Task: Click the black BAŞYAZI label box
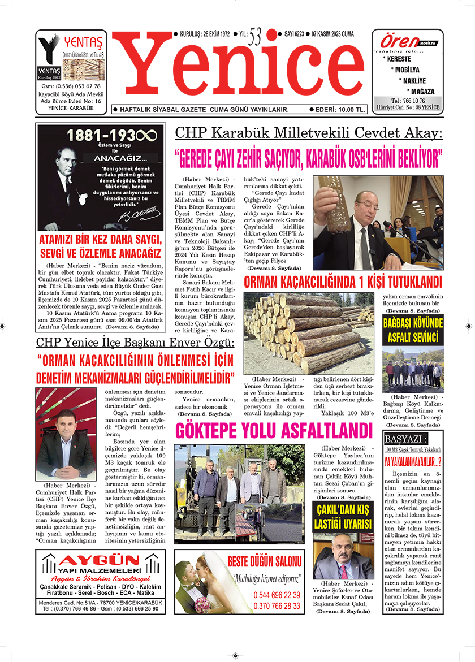point(405,439)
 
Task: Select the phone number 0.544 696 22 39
point(277,595)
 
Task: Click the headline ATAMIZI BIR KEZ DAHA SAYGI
point(101,239)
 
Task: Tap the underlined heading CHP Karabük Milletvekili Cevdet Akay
point(309,133)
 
